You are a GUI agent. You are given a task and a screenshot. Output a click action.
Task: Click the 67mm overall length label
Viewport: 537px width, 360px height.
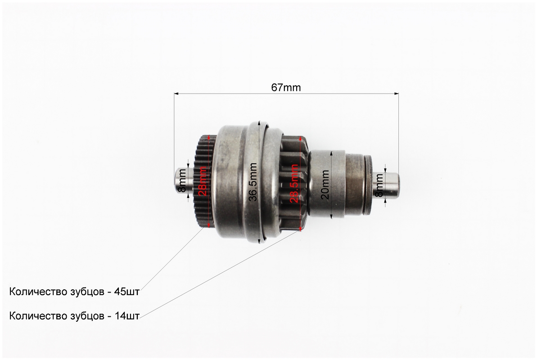(x=286, y=88)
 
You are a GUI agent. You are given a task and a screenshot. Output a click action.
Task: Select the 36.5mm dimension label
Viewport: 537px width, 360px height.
(x=253, y=182)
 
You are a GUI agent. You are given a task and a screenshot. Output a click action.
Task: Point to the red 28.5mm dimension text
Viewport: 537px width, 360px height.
(x=294, y=184)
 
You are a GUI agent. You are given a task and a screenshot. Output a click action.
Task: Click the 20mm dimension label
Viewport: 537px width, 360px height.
(x=325, y=184)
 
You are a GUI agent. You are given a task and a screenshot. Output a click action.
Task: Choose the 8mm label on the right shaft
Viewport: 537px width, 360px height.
(x=379, y=185)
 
